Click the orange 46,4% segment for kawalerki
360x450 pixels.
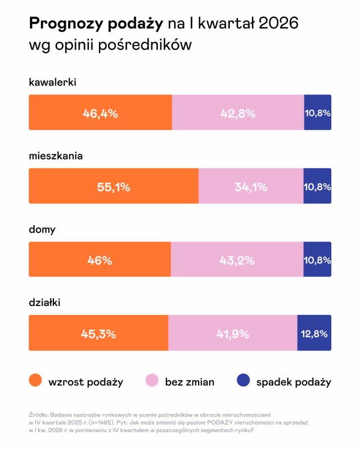[x=100, y=112]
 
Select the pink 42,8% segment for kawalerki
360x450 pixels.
[x=237, y=112]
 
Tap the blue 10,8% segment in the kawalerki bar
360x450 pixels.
[x=317, y=112]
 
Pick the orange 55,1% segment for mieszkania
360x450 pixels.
[x=114, y=186]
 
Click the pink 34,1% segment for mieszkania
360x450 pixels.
[x=251, y=186]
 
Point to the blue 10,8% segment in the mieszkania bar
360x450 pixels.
[x=317, y=186]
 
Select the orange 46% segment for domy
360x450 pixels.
[x=100, y=260]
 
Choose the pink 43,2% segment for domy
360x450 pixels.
[x=237, y=260]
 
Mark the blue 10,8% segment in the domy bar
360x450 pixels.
[x=317, y=260]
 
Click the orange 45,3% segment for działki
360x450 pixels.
[x=98, y=333]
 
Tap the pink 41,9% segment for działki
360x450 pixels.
[x=232, y=333]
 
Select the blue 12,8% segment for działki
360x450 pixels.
[x=314, y=333]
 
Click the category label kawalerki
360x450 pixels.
[x=52, y=83]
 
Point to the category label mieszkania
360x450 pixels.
[x=56, y=156]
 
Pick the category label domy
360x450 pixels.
[x=42, y=229]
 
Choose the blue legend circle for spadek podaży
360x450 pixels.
[x=243, y=381]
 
